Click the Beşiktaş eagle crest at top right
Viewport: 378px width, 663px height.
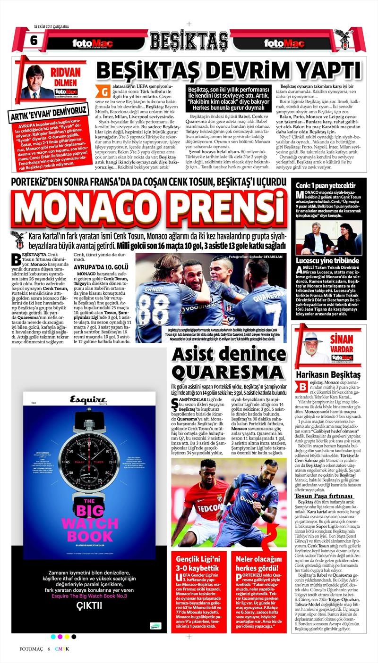pos(344,40)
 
